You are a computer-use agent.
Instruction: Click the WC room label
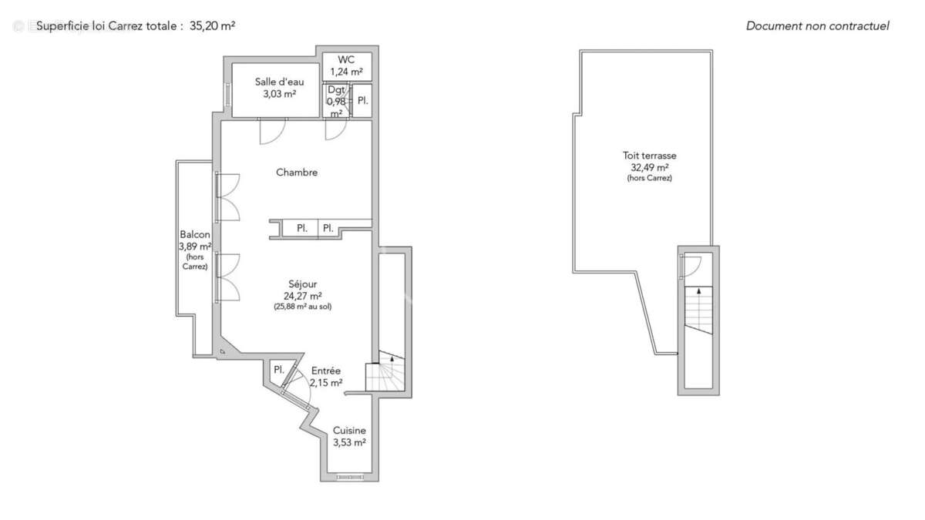pos(346,59)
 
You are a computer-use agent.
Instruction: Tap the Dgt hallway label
pos(336,89)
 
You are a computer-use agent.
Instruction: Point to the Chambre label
pos(297,173)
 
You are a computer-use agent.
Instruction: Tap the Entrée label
pos(326,371)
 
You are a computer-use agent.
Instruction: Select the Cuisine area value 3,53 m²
pos(349,442)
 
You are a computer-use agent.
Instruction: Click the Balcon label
pos(195,235)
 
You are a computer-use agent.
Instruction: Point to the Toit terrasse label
pos(650,156)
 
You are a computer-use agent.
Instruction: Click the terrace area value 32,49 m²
pos(650,167)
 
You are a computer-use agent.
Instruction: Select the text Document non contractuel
pos(817,25)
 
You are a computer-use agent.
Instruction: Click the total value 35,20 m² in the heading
pos(212,25)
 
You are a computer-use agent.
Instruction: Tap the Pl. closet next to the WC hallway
pos(362,101)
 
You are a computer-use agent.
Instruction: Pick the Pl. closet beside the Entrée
pos(278,370)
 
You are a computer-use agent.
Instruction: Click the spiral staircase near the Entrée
pos(384,374)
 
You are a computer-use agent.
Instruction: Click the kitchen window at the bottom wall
pos(350,478)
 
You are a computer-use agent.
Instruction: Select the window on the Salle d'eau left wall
pos(227,93)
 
